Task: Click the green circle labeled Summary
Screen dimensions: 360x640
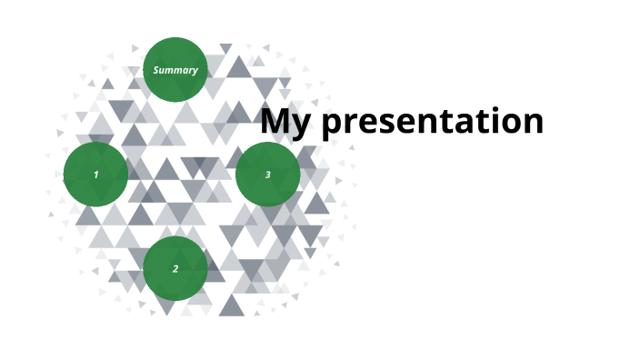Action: (x=175, y=69)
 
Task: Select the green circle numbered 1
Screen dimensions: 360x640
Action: (x=95, y=175)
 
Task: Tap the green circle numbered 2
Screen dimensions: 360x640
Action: (x=175, y=269)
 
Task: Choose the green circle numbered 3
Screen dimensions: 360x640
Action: (x=268, y=175)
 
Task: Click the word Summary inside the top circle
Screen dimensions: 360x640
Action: (x=175, y=70)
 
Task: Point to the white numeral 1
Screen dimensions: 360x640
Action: (x=95, y=175)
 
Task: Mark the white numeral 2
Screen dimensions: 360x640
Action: (x=175, y=269)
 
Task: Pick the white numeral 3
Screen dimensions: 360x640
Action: (x=268, y=175)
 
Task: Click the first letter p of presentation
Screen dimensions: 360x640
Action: (x=334, y=125)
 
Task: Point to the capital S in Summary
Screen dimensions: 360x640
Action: (x=156, y=70)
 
